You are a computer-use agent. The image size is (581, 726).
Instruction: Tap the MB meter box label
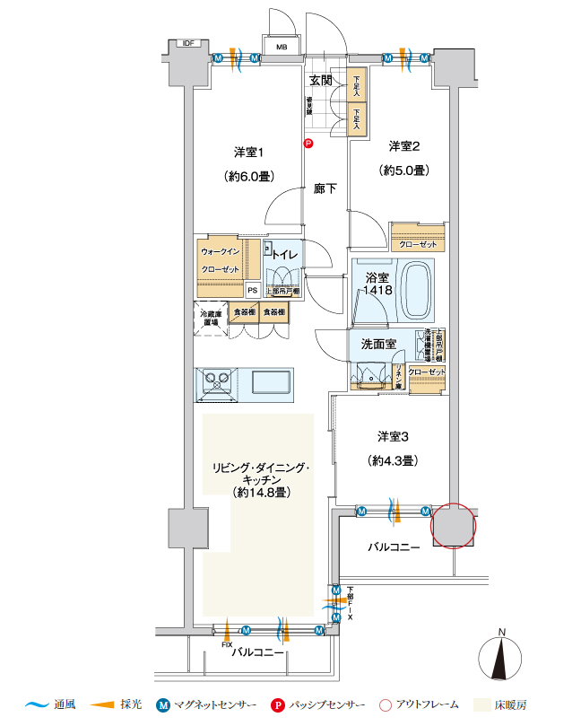click(281, 48)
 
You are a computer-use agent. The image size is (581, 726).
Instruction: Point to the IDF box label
click(188, 43)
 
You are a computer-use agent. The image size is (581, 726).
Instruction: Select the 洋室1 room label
click(249, 151)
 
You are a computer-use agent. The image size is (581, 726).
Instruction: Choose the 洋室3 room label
click(394, 437)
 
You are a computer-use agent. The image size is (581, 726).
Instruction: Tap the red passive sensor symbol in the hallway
click(308, 143)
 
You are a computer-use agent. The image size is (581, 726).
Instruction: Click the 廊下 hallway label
click(325, 189)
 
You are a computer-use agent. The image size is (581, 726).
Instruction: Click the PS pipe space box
click(252, 289)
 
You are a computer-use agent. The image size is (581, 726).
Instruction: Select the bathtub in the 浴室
click(413, 284)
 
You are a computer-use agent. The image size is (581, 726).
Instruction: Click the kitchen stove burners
click(216, 381)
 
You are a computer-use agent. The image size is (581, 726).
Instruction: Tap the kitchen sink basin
click(270, 381)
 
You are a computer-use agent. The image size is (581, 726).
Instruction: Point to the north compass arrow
click(502, 660)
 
